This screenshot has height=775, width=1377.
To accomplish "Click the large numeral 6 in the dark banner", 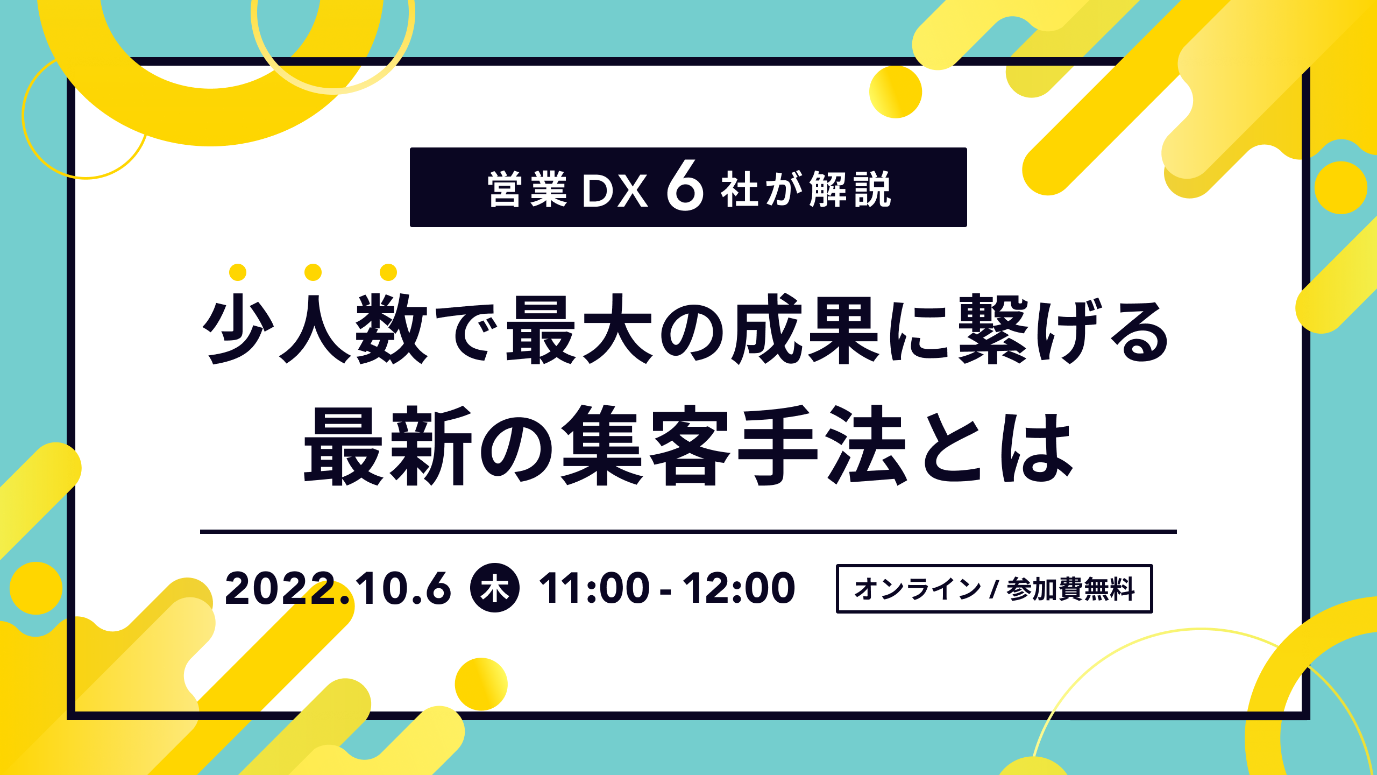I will (x=685, y=186).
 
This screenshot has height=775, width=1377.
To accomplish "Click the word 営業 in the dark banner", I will (x=527, y=189).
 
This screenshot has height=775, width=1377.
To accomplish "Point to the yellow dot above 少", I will (x=238, y=272).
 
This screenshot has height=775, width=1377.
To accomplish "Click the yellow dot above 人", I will (x=313, y=272).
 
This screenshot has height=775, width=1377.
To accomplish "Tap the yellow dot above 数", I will (x=388, y=272).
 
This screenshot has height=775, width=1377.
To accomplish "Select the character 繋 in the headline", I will (x=993, y=329).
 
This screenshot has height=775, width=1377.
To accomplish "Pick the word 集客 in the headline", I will (x=645, y=446).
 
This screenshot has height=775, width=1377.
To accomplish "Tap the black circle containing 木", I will (x=495, y=588).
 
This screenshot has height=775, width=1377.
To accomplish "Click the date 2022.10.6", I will (x=338, y=588).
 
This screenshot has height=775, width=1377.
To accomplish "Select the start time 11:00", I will (x=594, y=588).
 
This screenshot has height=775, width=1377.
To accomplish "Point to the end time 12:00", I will (x=739, y=588).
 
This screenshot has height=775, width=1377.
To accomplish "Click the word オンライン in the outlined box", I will (x=918, y=589).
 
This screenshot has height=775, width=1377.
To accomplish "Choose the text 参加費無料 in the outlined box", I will (x=1070, y=589).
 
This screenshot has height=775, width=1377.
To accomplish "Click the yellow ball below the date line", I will (x=481, y=684).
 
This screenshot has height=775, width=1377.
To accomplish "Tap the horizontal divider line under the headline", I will (x=688, y=532).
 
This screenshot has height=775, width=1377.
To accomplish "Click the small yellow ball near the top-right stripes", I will (x=896, y=92).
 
